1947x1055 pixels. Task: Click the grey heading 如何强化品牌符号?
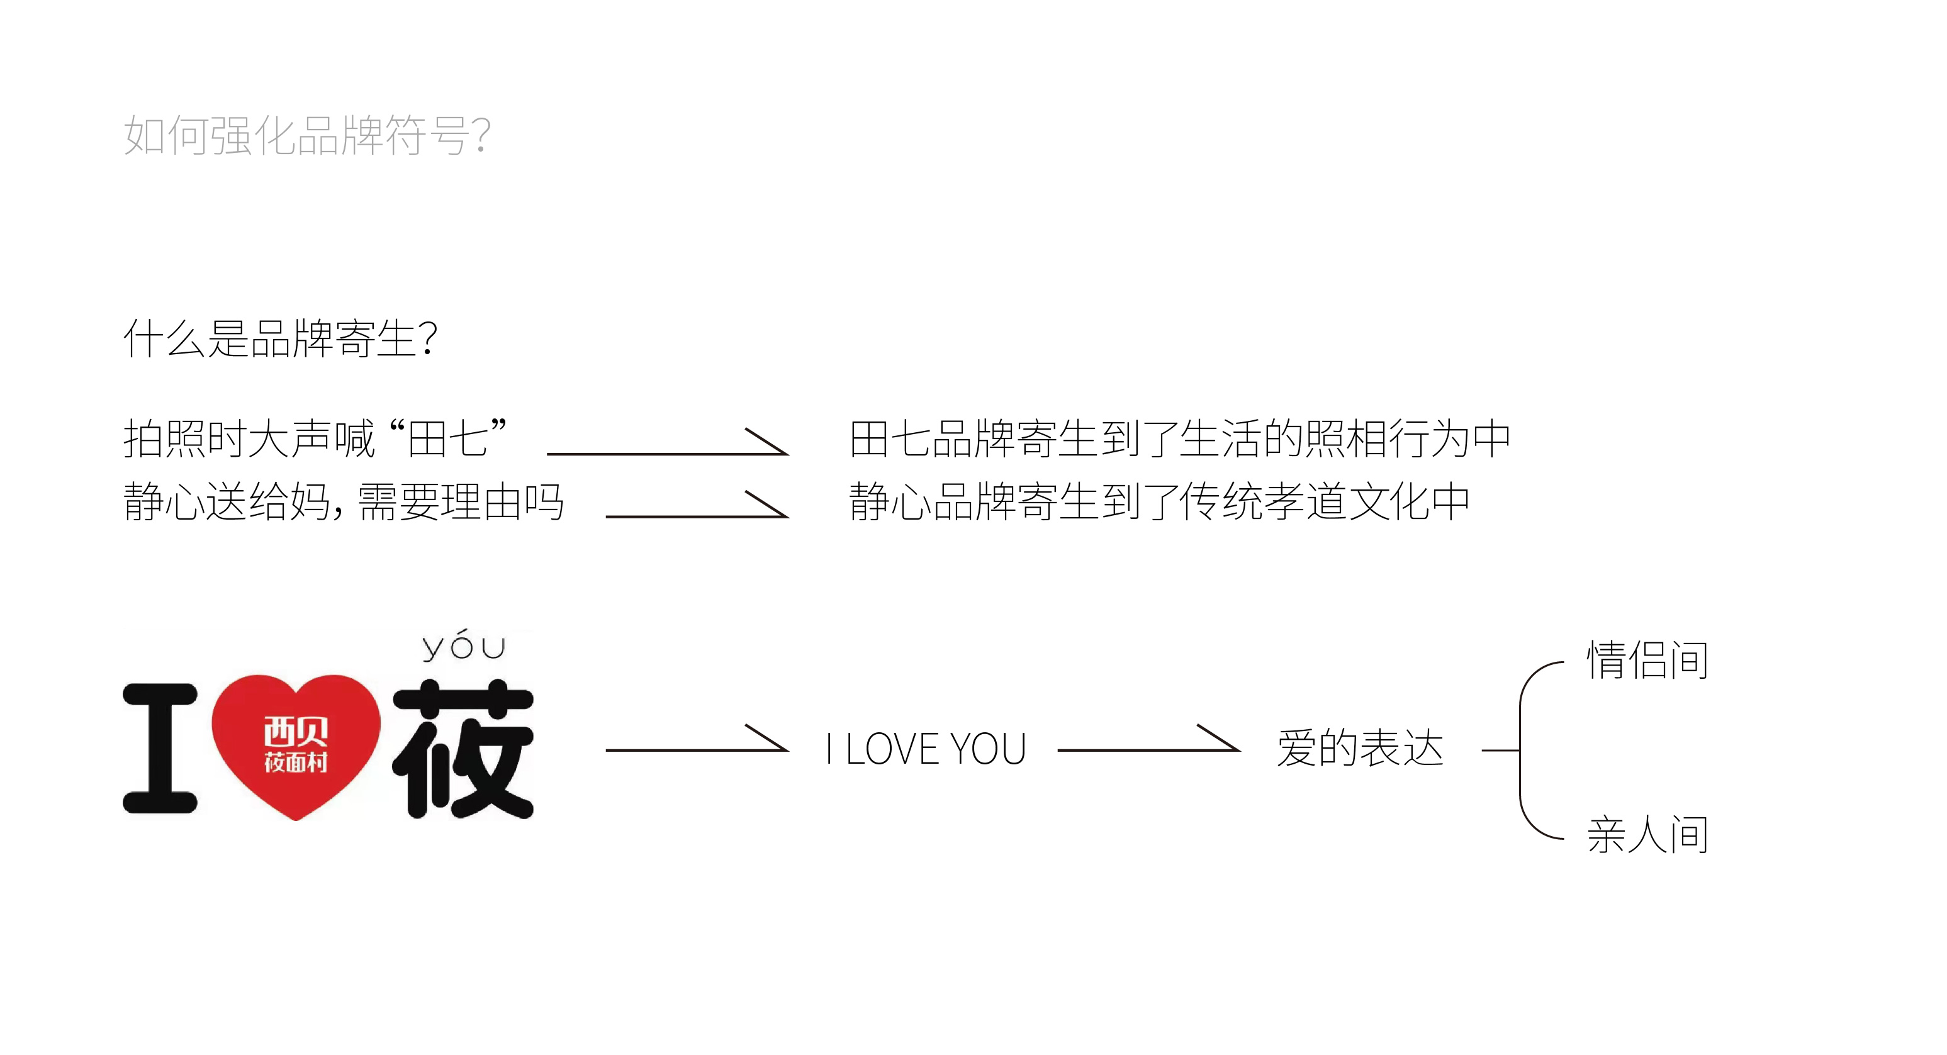click(x=307, y=135)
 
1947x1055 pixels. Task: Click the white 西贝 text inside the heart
click(x=296, y=732)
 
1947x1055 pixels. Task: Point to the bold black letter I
click(x=160, y=748)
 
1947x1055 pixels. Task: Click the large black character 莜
click(x=463, y=748)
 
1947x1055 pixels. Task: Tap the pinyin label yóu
click(x=463, y=645)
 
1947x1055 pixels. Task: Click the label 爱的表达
click(x=1361, y=748)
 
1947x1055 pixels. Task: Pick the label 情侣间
click(x=1647, y=660)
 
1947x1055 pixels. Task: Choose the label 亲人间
click(x=1647, y=835)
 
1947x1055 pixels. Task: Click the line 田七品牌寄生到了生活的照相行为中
click(x=1180, y=438)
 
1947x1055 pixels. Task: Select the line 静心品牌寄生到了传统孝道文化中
click(x=1159, y=501)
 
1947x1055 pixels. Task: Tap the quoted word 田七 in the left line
click(x=447, y=438)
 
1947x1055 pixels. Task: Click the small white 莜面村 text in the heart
click(x=296, y=762)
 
